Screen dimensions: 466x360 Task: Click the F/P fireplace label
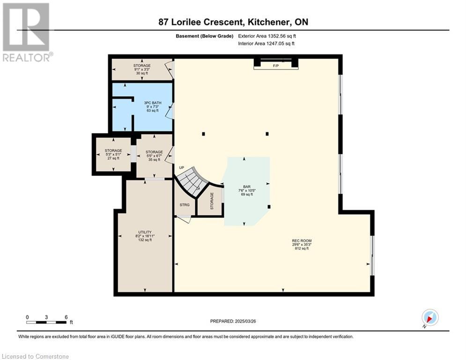pos(276,66)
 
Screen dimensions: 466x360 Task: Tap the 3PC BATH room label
pos(153,103)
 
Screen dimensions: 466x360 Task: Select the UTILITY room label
pos(145,232)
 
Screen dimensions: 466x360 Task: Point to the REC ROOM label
pos(302,240)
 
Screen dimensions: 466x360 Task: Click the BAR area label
pos(247,187)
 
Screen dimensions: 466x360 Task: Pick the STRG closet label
pos(185,205)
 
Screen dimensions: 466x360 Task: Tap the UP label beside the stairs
pos(181,167)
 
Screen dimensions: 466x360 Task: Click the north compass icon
pos(430,317)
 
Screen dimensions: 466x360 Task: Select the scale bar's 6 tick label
pos(67,317)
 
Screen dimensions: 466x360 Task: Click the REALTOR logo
pos(27,32)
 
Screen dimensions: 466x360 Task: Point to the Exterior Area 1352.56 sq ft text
pos(267,36)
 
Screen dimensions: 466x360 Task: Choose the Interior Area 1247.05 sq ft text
pos(266,44)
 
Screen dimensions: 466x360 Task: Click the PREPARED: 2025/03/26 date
pos(233,321)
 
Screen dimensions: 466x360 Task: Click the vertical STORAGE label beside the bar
pos(212,201)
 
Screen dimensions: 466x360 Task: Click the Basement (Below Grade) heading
pos(205,36)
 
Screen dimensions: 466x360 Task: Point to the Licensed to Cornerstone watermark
pos(35,356)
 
